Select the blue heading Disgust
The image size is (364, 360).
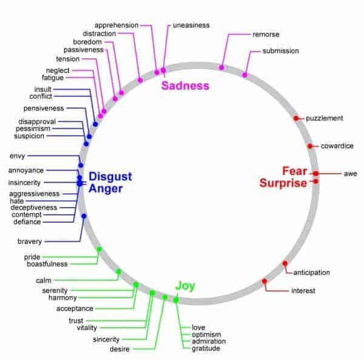pos(110,177)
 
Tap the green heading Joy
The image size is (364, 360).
pos(185,285)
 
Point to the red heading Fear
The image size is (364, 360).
pos(295,171)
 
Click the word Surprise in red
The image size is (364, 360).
pos(283,183)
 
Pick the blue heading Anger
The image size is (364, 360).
pos(106,189)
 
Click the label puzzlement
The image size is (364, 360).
pos(325,118)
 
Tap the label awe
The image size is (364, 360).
pos(350,174)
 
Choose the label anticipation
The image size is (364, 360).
pos(312,273)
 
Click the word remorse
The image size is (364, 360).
pos(266,35)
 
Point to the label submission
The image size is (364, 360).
pos(281,51)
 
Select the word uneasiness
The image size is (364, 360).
pos(191,25)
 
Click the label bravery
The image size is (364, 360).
pos(30,242)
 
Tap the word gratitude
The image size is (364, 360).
pos(206,348)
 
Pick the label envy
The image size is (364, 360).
pos(17,156)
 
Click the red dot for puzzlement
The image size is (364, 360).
pos(296,118)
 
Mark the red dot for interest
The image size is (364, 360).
pos(265,281)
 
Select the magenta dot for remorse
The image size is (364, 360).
pos(221,67)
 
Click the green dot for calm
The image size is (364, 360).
pos(118,271)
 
